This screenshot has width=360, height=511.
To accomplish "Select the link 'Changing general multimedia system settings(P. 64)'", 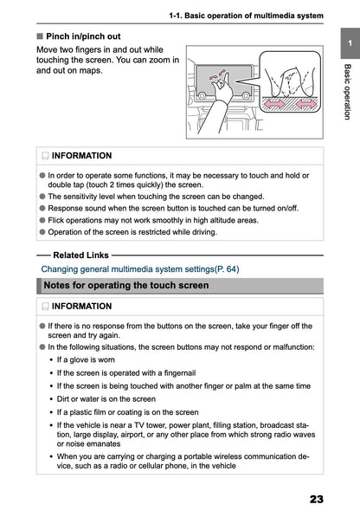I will click(140, 268).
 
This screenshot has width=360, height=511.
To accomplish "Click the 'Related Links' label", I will click(80, 255).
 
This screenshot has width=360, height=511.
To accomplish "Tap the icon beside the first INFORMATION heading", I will click(43, 156).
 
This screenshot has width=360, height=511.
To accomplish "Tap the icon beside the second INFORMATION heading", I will click(43, 307).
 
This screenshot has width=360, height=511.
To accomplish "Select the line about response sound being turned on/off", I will click(161, 209).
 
